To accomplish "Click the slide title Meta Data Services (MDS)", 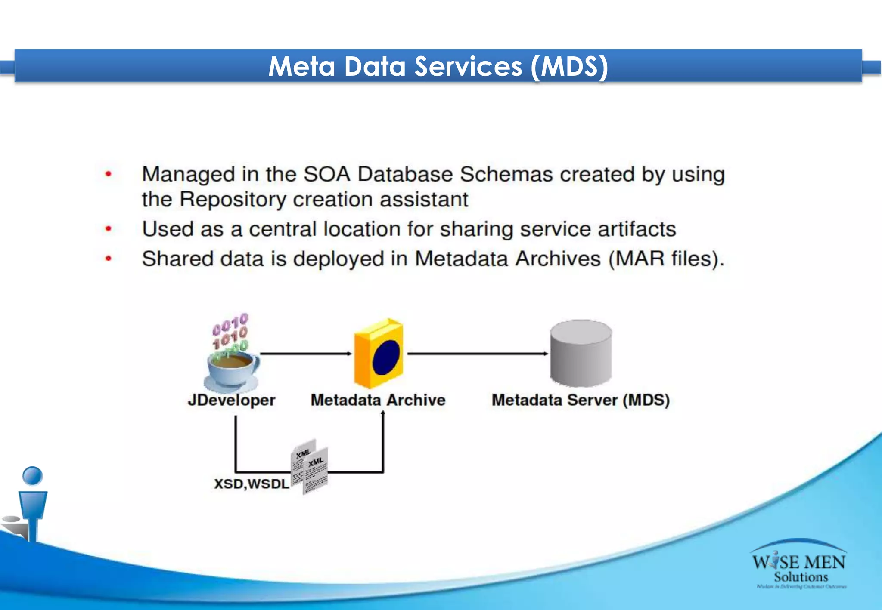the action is pyautogui.click(x=438, y=66).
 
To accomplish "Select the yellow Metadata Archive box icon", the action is pyautogui.click(x=379, y=354).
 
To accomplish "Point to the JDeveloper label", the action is pyautogui.click(x=231, y=400).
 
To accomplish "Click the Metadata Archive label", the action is pyautogui.click(x=378, y=400).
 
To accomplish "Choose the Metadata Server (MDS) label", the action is pyautogui.click(x=581, y=400).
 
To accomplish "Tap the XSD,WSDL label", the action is pyautogui.click(x=252, y=484).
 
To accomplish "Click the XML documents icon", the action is pyautogui.click(x=310, y=467).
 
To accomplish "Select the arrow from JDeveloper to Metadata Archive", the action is pyautogui.click(x=306, y=354).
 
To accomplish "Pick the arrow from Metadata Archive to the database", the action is pyautogui.click(x=477, y=354).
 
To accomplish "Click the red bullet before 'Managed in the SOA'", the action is pyautogui.click(x=109, y=174).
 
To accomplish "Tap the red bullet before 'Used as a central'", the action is pyautogui.click(x=109, y=229).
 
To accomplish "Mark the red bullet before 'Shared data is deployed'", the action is pyautogui.click(x=109, y=259).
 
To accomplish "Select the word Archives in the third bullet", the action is pyautogui.click(x=558, y=259).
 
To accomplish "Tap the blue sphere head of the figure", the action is pyautogui.click(x=32, y=476).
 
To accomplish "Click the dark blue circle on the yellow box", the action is pyautogui.click(x=386, y=357).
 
